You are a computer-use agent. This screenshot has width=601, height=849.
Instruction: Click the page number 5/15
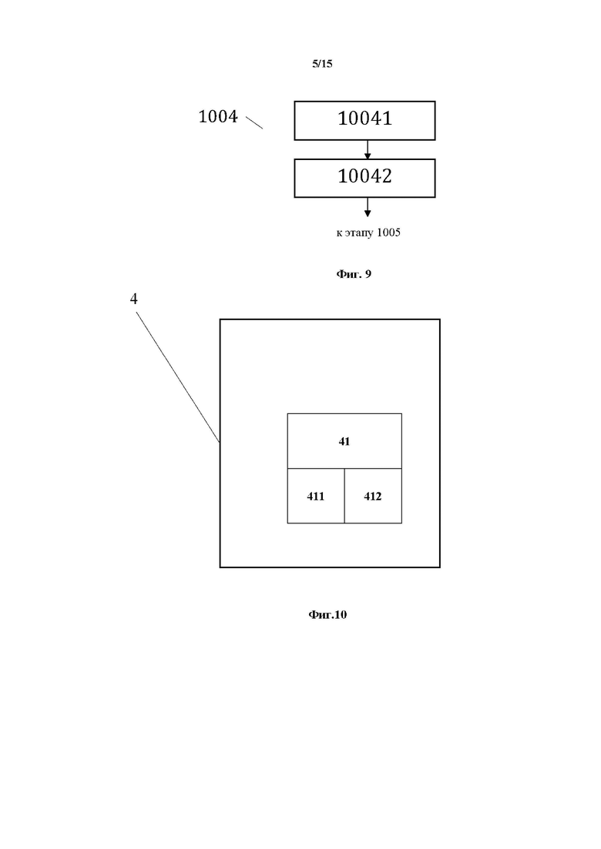tap(322, 64)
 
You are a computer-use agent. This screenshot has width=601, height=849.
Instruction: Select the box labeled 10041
tap(364, 121)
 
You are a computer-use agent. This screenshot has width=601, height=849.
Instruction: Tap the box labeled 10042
tap(364, 178)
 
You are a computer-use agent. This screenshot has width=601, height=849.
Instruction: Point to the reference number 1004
tap(218, 116)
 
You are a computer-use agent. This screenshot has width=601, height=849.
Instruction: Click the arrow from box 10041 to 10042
tap(368, 149)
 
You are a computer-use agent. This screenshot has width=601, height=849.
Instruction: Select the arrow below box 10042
tap(368, 207)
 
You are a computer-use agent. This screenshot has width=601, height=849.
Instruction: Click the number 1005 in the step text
tap(388, 232)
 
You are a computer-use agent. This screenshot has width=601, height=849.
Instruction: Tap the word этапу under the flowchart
tap(359, 233)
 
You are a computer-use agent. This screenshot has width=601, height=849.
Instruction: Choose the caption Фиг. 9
tap(354, 274)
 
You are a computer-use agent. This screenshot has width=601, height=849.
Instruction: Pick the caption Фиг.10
tap(327, 614)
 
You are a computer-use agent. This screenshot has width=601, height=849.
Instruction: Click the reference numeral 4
tap(134, 299)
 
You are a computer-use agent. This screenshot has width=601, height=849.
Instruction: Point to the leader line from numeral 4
tap(178, 377)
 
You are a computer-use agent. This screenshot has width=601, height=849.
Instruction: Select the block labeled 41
tap(344, 441)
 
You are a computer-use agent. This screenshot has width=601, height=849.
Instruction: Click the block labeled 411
tap(316, 496)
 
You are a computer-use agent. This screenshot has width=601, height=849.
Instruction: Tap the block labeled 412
tap(374, 496)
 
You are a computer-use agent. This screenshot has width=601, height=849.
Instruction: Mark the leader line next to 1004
tap(254, 122)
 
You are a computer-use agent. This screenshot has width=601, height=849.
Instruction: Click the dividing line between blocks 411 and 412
tap(344, 496)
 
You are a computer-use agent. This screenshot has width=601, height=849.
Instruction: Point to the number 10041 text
tap(364, 119)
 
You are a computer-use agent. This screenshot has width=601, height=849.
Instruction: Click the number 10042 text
tap(364, 176)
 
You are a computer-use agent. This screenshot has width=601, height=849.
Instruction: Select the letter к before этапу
tap(339, 233)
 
